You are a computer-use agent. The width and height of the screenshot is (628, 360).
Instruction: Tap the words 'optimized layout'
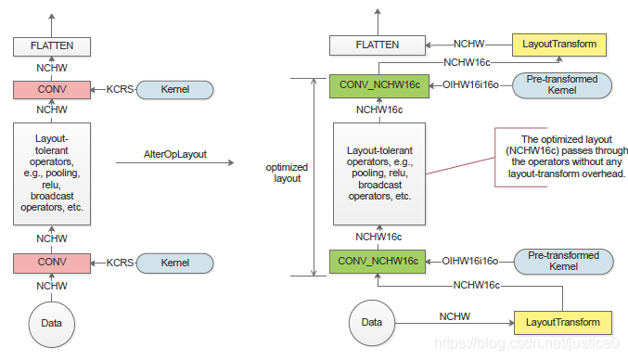click(x=287, y=172)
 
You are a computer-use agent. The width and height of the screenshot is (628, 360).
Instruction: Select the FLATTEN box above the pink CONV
click(x=51, y=45)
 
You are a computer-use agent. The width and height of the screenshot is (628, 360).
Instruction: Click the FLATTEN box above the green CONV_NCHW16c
click(x=377, y=45)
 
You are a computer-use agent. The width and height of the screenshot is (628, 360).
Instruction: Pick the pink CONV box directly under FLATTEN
click(x=51, y=90)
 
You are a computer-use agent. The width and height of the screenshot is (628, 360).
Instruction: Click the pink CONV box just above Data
click(x=51, y=264)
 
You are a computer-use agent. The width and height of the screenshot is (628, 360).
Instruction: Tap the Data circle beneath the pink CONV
click(x=51, y=324)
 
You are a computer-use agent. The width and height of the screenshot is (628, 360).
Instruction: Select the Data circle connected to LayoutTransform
click(x=371, y=324)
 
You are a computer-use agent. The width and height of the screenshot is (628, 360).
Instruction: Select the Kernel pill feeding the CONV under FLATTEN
click(x=174, y=90)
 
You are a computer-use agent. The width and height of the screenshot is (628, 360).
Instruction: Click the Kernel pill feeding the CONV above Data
click(x=174, y=264)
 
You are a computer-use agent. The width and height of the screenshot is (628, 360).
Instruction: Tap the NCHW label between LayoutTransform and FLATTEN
click(x=469, y=43)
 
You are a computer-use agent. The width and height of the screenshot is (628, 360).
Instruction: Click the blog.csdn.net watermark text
click(x=526, y=345)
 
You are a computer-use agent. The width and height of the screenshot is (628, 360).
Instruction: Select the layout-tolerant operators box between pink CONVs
click(x=51, y=174)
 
